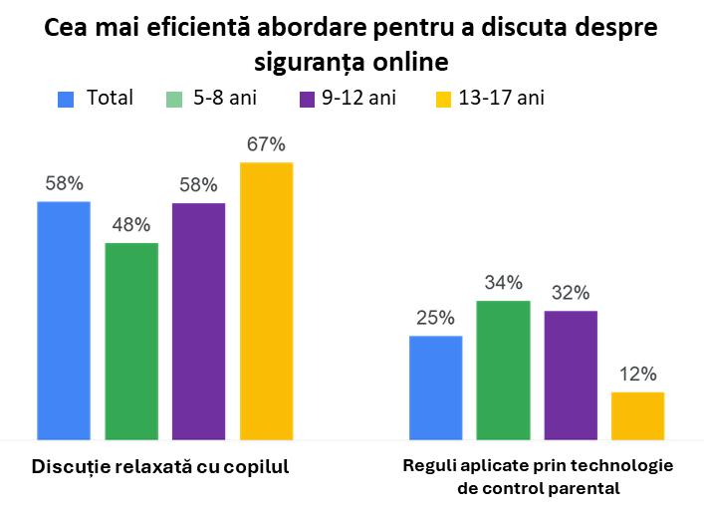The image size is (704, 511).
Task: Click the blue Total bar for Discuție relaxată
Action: pos(64,320)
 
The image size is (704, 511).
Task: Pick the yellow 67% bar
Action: pos(267,300)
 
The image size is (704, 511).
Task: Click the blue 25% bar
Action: pos(436,387)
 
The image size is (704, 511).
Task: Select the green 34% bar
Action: pos(503,370)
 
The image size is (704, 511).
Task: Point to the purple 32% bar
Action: pos(571,375)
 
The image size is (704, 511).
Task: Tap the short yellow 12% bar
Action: pos(637,415)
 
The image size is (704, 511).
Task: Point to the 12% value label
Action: pos(637,375)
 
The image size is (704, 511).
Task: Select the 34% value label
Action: pos(503,282)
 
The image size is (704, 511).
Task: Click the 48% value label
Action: pos(131,224)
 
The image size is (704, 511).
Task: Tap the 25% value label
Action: pos(436,318)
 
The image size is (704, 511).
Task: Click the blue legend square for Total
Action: pos(67,99)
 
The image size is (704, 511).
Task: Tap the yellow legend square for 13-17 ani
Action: pos(443,99)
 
